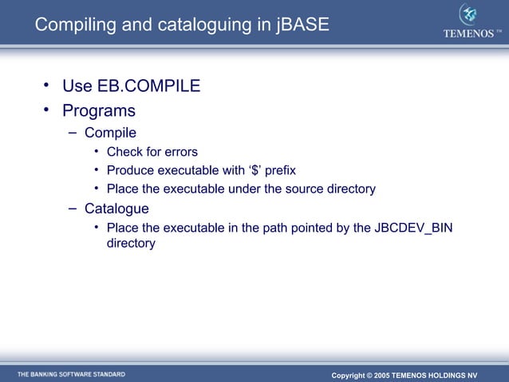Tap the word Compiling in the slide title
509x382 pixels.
click(x=73, y=25)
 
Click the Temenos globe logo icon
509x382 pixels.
click(x=468, y=15)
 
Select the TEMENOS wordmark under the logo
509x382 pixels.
click(x=469, y=34)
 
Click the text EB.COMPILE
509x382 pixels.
click(x=148, y=86)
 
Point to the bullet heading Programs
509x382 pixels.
click(x=99, y=110)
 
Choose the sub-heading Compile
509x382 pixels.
click(x=110, y=133)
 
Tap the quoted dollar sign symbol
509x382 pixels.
click(x=254, y=170)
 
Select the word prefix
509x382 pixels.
click(x=280, y=170)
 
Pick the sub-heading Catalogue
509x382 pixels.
click(x=116, y=209)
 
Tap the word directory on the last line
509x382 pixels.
click(x=131, y=243)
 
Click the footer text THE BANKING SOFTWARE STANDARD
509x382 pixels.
click(x=71, y=374)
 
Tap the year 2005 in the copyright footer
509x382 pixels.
click(x=381, y=375)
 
